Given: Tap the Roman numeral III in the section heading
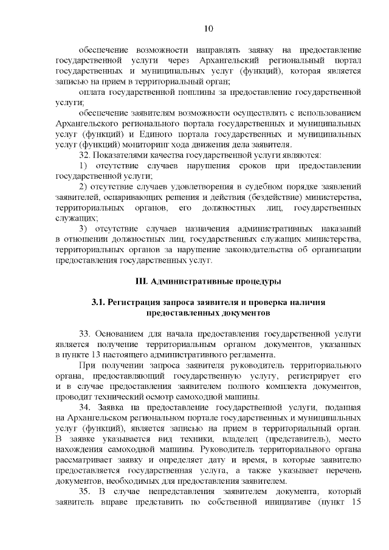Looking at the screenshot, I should point(140,281).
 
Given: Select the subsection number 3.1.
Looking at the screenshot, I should point(99,302).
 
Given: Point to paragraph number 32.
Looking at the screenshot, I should point(86,156).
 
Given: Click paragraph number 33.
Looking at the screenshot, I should point(86,334).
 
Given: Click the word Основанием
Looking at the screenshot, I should point(123,334).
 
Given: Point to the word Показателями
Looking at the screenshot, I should point(128,156).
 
